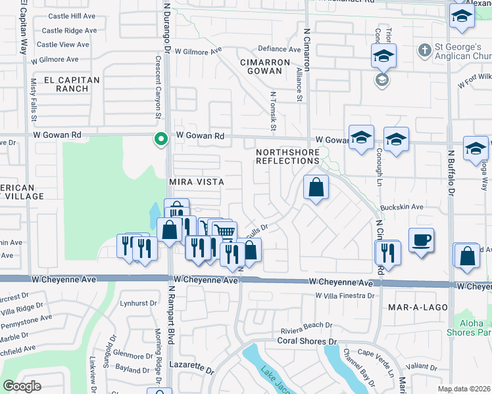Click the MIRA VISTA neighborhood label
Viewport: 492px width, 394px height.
click(x=197, y=181)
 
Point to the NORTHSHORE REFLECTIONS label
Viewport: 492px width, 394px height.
click(x=287, y=156)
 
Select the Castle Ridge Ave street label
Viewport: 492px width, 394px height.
click(x=69, y=30)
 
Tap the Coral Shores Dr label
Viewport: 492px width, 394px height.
click(x=307, y=341)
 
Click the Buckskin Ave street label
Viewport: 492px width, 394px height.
click(x=401, y=206)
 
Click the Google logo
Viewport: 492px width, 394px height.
click(x=22, y=386)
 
